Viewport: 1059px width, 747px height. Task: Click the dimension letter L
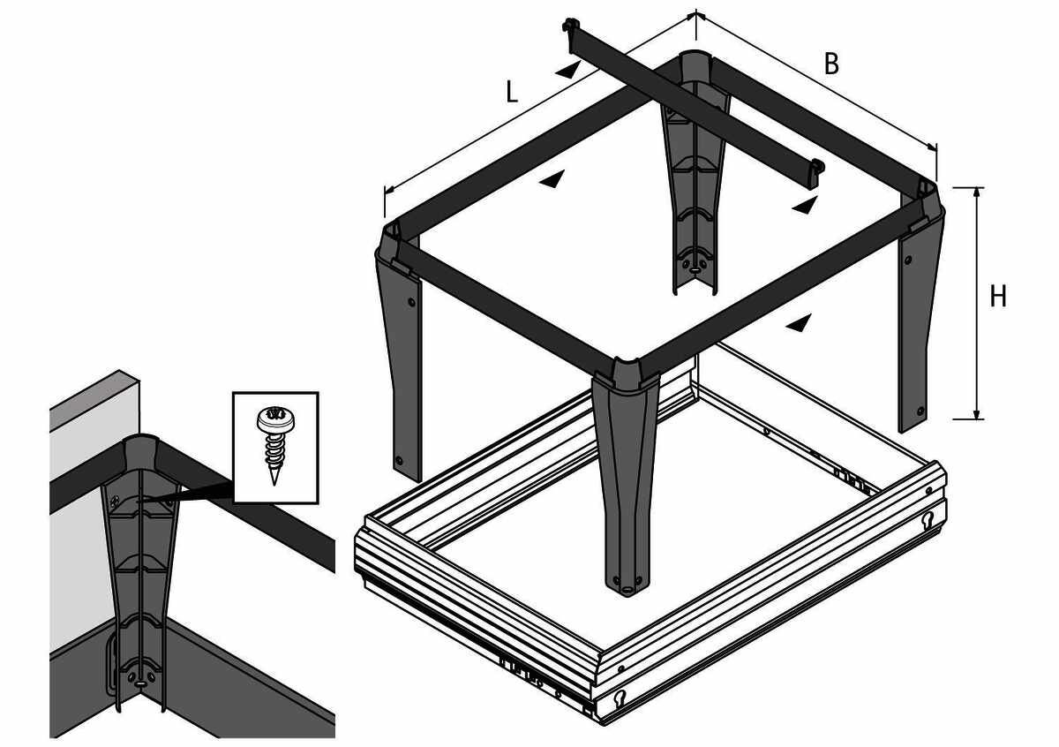[512, 92]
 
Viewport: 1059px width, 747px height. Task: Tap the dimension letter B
[831, 64]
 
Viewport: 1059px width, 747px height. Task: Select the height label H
[998, 297]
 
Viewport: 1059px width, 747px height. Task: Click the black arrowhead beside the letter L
[567, 70]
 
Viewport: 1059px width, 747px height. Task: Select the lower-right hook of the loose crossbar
[817, 167]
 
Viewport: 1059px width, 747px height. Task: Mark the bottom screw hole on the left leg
[399, 460]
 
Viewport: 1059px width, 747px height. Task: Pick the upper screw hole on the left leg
[411, 301]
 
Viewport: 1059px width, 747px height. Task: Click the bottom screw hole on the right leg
[920, 411]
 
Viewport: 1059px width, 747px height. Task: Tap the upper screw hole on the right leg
[908, 260]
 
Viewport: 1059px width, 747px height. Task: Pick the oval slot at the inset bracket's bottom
[141, 683]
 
